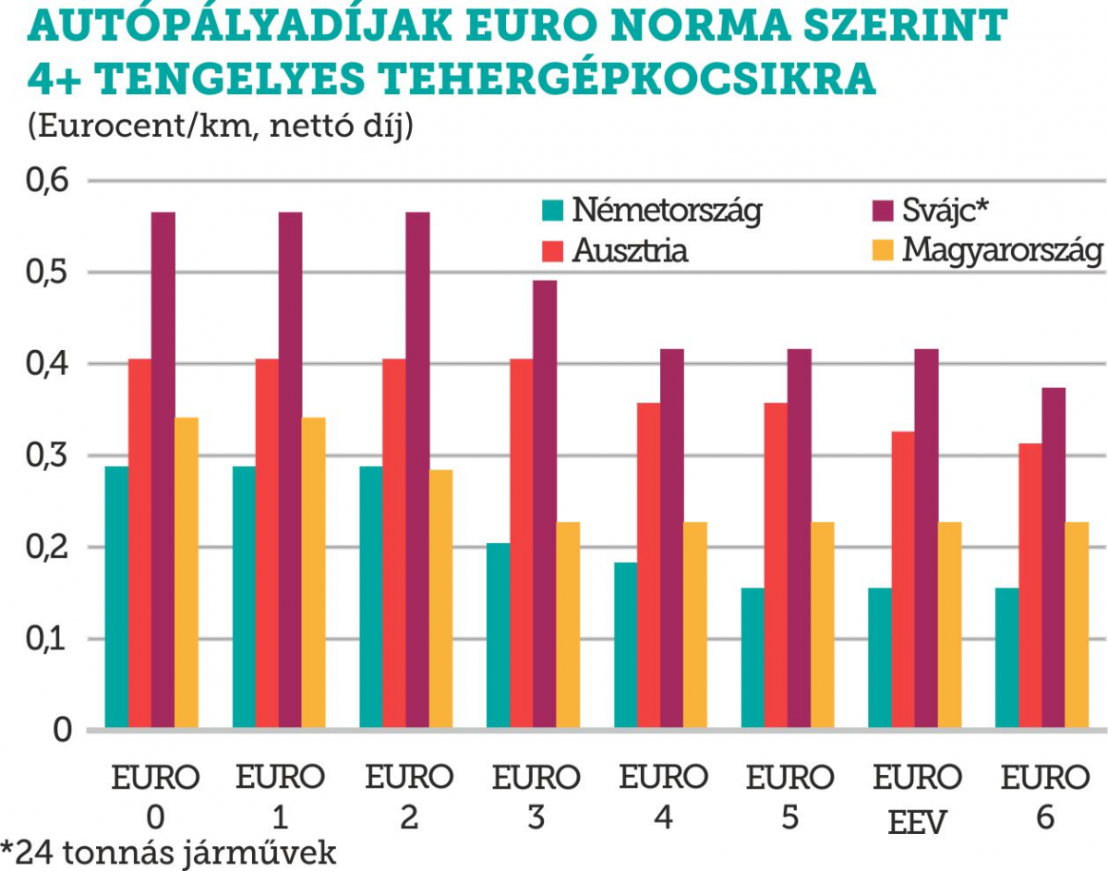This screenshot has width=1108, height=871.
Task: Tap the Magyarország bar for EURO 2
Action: pyautogui.click(x=441, y=599)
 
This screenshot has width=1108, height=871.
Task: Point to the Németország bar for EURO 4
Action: pyautogui.click(x=625, y=646)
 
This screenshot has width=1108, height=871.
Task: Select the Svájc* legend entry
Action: pyautogui.click(x=945, y=211)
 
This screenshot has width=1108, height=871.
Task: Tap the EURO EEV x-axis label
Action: pyautogui.click(x=917, y=798)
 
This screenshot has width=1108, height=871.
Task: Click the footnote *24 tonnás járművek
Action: pyautogui.click(x=169, y=853)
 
